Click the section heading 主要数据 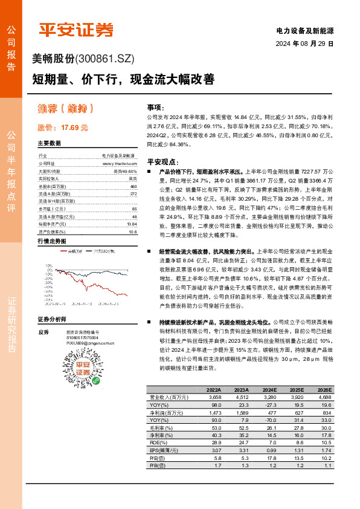pos(50,144)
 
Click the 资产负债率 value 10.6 pos(133,231)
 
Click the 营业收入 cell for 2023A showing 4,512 pos(240,397)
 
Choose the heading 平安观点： pos(162,162)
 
